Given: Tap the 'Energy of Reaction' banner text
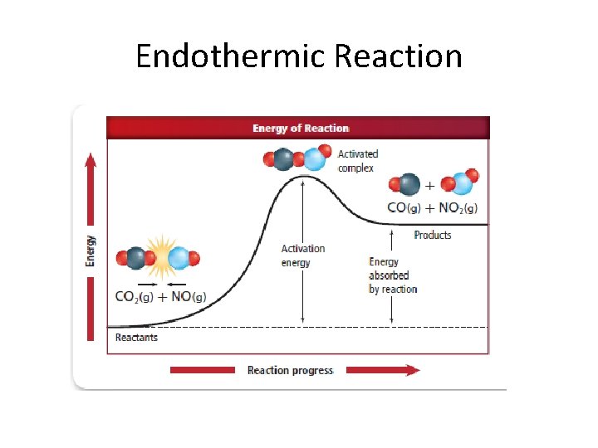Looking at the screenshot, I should tap(301, 128).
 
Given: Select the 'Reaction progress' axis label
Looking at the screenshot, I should tap(290, 370).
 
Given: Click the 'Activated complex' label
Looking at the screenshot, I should tap(358, 161).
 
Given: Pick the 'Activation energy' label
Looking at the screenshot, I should tap(303, 256).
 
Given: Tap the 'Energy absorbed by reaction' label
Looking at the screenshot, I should tap(392, 275).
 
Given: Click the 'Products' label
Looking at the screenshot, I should tap(433, 235).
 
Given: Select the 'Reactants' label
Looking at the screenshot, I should tap(136, 338).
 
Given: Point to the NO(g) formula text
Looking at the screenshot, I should tap(189, 297).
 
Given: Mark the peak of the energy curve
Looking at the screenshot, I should tap(305, 176).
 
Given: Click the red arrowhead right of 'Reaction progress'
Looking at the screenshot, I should tap(412, 370).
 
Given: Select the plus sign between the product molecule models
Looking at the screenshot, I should tap(429, 185).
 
